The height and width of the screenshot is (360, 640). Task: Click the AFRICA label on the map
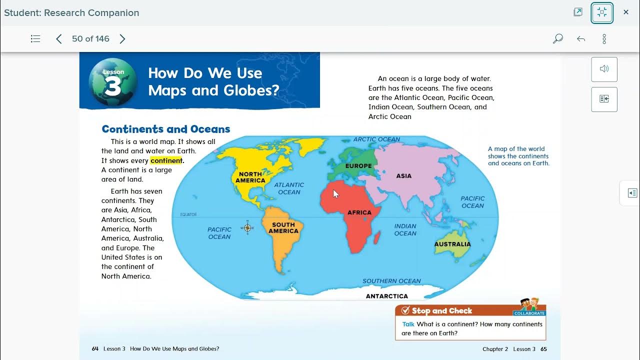point(359,212)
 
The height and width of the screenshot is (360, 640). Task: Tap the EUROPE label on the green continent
point(358,166)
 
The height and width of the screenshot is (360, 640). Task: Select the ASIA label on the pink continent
point(403,176)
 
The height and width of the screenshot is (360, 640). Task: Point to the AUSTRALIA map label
point(452,244)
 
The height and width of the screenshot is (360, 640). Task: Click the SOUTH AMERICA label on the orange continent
point(283,228)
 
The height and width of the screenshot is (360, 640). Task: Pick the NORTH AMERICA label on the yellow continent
point(250,177)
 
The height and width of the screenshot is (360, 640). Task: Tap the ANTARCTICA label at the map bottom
point(386,296)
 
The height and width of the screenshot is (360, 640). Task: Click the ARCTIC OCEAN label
point(376,139)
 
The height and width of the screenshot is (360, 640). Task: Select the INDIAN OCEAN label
point(405,230)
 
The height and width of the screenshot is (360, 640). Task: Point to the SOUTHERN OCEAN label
point(391,281)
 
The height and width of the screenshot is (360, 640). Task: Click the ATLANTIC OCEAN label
point(289,188)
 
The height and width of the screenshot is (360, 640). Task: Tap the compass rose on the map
point(247,228)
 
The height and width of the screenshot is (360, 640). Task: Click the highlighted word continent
point(166,160)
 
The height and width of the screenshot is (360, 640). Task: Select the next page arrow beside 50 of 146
point(122,39)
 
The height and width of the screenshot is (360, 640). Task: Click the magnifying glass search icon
point(557,39)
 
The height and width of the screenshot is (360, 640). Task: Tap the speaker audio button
point(604,69)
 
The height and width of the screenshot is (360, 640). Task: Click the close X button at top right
point(625,12)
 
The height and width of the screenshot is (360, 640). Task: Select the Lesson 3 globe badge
point(113,82)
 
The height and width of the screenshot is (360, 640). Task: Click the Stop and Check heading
point(441,311)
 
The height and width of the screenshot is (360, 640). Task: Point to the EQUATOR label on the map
point(188,214)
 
